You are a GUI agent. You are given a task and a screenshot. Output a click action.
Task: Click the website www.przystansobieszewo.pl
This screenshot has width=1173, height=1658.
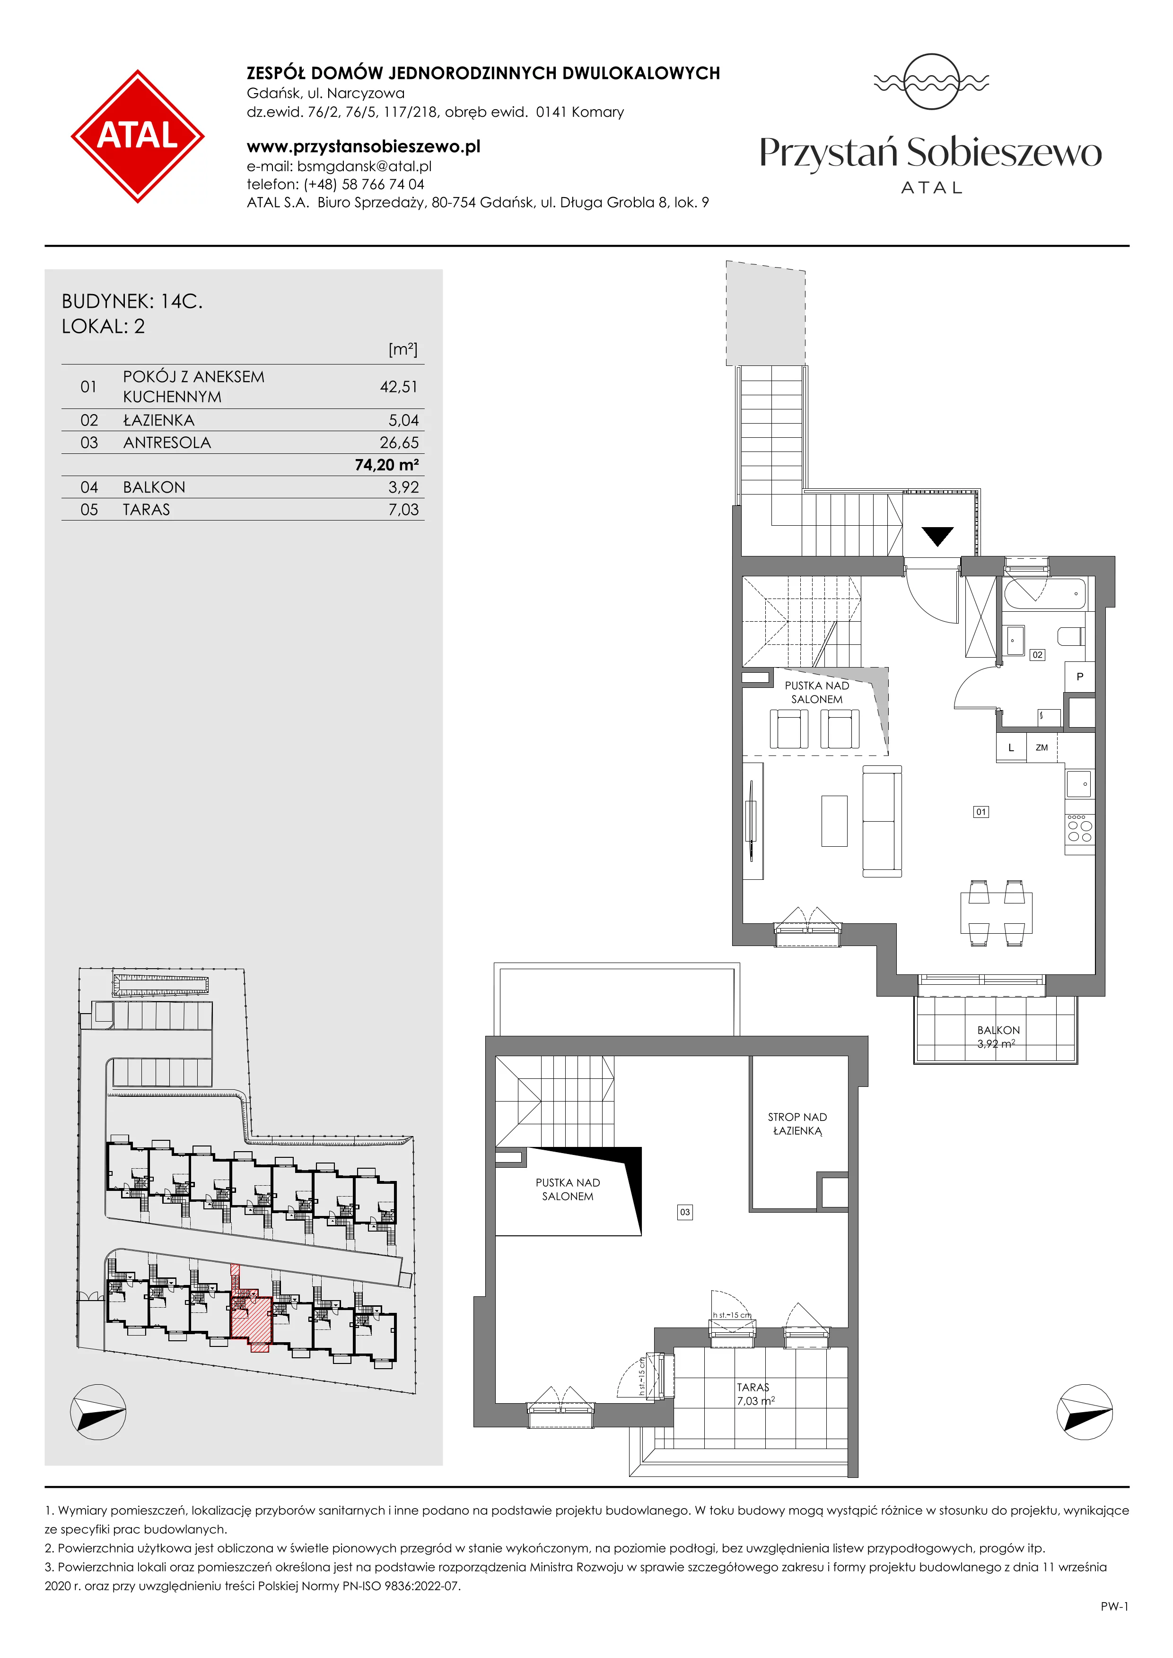point(363,147)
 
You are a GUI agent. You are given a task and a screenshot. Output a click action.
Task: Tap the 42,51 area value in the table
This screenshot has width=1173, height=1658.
point(399,387)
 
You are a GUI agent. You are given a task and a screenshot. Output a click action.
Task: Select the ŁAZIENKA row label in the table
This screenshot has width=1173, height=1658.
point(159,420)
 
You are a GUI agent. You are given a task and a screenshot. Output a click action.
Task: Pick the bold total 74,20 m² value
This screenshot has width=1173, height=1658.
point(386,465)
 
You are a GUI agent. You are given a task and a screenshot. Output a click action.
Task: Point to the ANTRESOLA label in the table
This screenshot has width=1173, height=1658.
point(167,443)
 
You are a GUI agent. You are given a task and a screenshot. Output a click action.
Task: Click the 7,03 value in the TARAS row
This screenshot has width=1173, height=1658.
point(404,510)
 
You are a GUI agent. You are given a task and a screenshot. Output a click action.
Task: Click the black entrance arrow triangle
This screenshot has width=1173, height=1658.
point(937,536)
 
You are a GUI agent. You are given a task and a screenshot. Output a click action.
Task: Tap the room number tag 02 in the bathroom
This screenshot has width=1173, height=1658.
point(1037,655)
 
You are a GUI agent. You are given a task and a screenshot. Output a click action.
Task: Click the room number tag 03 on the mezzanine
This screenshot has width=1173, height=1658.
point(685,1212)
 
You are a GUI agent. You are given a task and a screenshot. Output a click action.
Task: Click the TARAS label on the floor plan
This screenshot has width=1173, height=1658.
point(753,1387)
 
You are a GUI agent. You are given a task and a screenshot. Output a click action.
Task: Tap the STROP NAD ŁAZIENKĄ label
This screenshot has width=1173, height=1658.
point(797,1124)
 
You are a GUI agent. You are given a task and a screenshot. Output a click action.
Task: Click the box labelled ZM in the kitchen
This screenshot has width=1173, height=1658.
point(1042,747)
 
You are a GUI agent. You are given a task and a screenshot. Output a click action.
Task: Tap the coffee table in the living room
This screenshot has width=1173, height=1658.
point(834,820)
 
